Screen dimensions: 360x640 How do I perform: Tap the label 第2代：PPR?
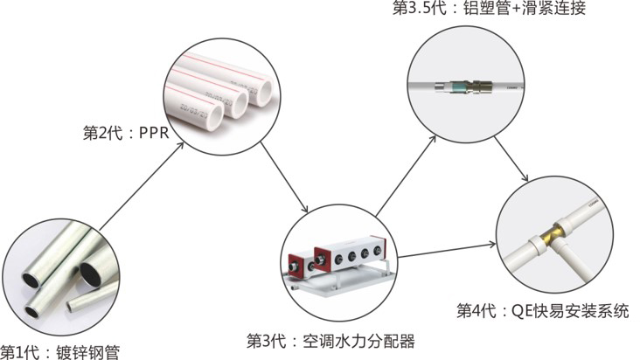125,133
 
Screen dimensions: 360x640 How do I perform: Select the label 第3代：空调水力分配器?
330,339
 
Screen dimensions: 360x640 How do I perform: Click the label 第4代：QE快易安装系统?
542,311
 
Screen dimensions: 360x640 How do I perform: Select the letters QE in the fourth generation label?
511,311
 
